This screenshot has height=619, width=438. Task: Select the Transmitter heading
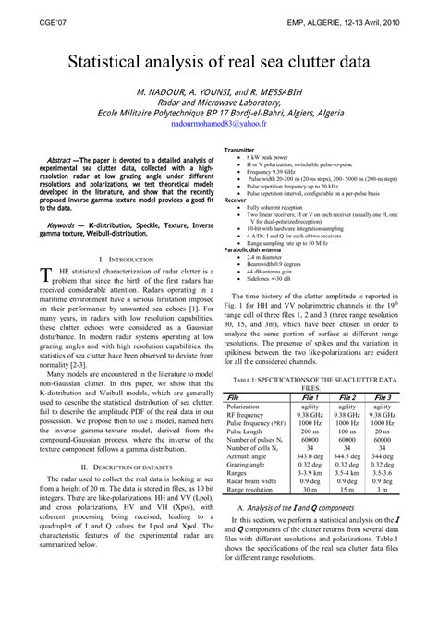(x=242, y=150)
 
